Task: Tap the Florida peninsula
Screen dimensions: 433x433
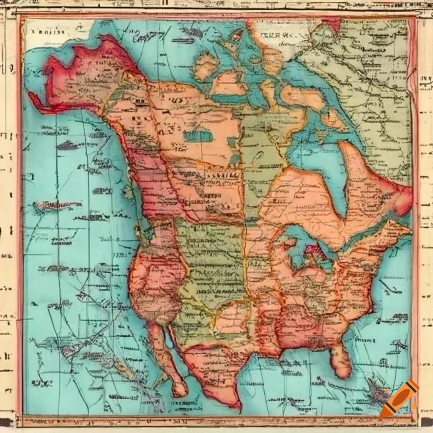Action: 342,360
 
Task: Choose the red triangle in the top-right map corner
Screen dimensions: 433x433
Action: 333,23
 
